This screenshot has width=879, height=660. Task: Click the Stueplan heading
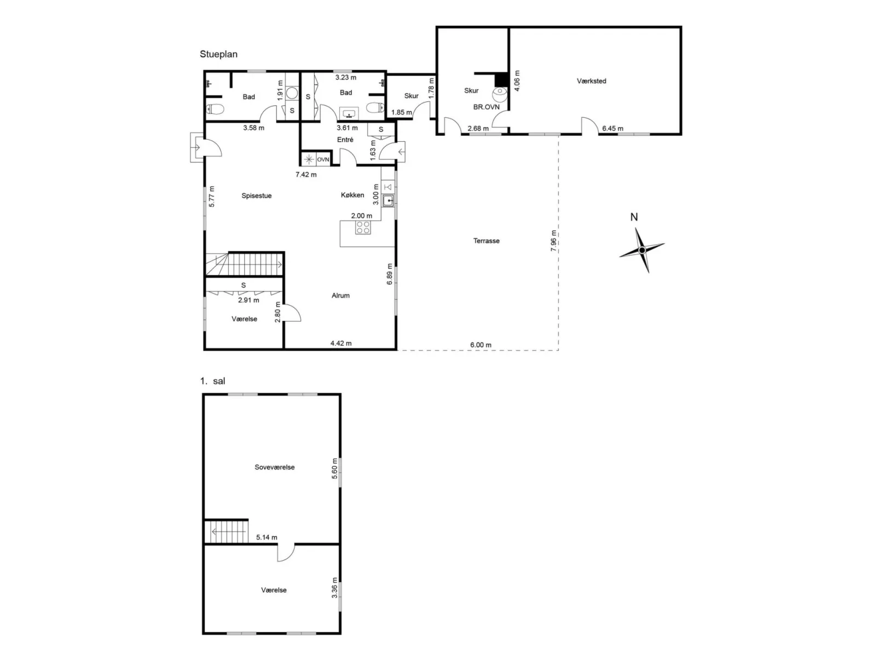(x=218, y=54)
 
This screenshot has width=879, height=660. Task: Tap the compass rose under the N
(x=642, y=250)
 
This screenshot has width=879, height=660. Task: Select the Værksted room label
(x=591, y=81)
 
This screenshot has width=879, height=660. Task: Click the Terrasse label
(x=486, y=241)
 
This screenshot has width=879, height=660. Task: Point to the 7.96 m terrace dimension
(x=553, y=241)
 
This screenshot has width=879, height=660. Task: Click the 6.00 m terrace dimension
(x=481, y=345)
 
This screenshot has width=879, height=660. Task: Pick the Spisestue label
(x=256, y=196)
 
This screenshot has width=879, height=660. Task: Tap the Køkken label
(x=352, y=195)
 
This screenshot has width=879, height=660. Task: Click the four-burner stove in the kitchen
(x=363, y=227)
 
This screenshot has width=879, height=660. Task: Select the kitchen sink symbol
(x=388, y=200)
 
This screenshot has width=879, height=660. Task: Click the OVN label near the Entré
(x=323, y=159)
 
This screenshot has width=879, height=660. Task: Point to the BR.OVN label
(x=486, y=107)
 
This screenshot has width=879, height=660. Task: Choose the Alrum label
(x=340, y=295)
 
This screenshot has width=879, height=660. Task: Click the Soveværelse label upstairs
(x=274, y=467)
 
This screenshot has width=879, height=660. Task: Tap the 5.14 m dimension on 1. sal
(x=267, y=537)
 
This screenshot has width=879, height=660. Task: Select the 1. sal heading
(x=213, y=381)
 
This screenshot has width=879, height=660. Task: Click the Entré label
(x=345, y=140)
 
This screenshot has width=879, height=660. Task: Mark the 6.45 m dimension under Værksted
(x=612, y=128)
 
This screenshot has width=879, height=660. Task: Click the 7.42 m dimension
(x=306, y=174)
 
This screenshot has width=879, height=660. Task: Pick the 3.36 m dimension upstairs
(x=335, y=588)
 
